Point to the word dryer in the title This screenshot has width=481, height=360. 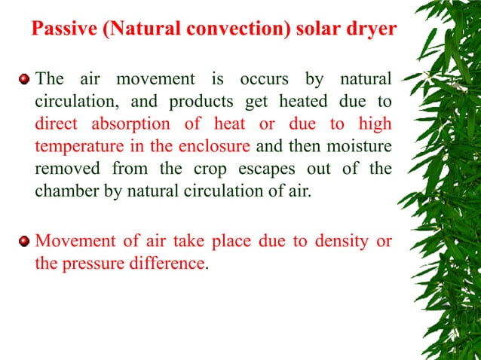pos(367,31)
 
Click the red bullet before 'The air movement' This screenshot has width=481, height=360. pos(25,78)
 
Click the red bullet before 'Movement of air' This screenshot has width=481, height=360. pos(25,241)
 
